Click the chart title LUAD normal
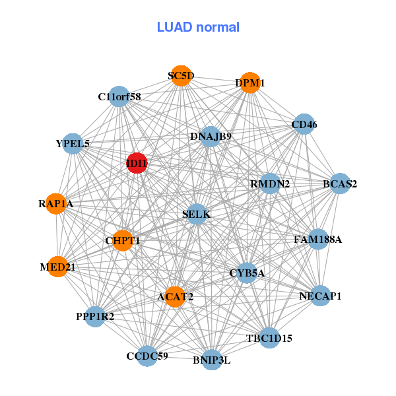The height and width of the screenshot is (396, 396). tap(198, 27)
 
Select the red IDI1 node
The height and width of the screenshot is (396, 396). tap(136, 163)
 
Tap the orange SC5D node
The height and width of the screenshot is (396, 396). tap(180, 76)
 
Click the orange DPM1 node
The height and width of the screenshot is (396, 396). tap(249, 83)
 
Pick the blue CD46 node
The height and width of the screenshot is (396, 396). tap(303, 124)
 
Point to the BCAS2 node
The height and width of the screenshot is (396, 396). tap(339, 183)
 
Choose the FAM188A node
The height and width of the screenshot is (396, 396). tap(318, 239)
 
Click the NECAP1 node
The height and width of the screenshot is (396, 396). tap(319, 296)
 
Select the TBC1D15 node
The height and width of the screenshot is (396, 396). tap(269, 337)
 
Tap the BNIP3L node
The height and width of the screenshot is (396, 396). tap(212, 360)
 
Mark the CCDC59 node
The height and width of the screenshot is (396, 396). tap(147, 356)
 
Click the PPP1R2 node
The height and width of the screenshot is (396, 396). tap(95, 317)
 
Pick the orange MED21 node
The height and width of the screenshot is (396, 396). tap(57, 267)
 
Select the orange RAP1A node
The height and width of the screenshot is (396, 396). tap(56, 204)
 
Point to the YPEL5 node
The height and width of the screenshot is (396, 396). tap(73, 143)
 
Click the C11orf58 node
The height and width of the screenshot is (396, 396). tap(119, 96)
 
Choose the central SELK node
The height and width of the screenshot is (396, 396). tap(196, 214)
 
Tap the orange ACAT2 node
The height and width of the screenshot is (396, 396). tap(175, 297)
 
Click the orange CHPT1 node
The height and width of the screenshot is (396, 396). tap(123, 240)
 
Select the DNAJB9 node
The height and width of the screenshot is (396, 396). tap(210, 137)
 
